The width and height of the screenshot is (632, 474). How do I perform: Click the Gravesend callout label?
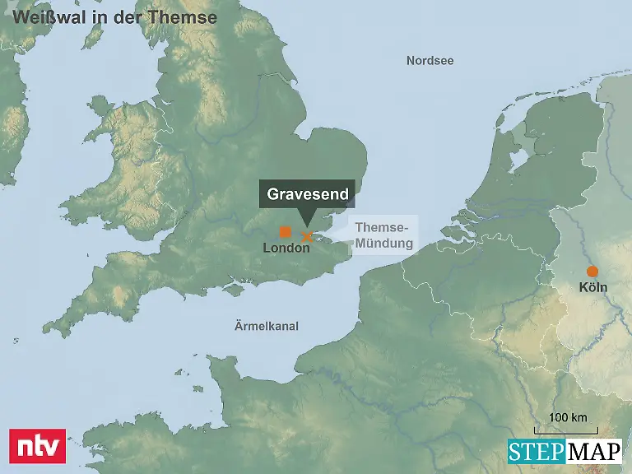(308, 195)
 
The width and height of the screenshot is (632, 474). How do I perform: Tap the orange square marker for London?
(286, 231)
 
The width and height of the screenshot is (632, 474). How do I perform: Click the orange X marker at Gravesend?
(307, 236)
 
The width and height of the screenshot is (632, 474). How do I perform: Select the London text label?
(286, 248)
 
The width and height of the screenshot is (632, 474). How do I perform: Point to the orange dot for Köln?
(591, 272)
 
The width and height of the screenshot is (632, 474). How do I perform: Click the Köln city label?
(592, 287)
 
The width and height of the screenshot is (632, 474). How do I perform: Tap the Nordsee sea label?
(430, 61)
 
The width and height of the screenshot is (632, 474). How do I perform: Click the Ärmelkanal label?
(265, 327)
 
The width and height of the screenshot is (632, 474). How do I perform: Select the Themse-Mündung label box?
(384, 235)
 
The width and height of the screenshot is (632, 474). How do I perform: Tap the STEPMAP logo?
(564, 452)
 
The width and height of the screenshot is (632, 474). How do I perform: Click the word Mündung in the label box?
(384, 243)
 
